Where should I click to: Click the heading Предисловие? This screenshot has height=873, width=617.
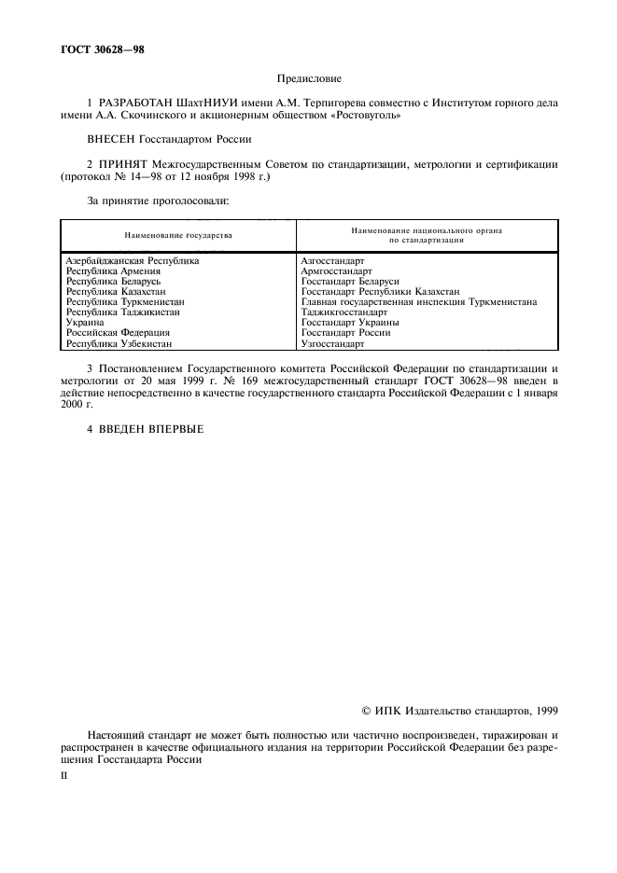[x=309, y=80]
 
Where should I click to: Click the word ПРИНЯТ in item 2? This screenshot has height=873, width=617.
[x=120, y=164]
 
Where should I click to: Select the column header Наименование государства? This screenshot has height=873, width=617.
[x=178, y=236]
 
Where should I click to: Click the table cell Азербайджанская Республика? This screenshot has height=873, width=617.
[x=133, y=261]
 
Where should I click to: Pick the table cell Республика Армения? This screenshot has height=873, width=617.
[x=114, y=271]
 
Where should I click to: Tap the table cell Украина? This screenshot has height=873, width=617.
[x=86, y=323]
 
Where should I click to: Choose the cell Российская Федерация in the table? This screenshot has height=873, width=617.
[x=118, y=333]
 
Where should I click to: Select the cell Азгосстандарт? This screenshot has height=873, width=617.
[x=333, y=261]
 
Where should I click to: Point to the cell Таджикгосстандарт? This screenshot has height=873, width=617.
[x=344, y=312]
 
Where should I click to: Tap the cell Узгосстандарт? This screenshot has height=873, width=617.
[x=332, y=343]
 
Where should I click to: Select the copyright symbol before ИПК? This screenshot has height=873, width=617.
[x=366, y=711]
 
